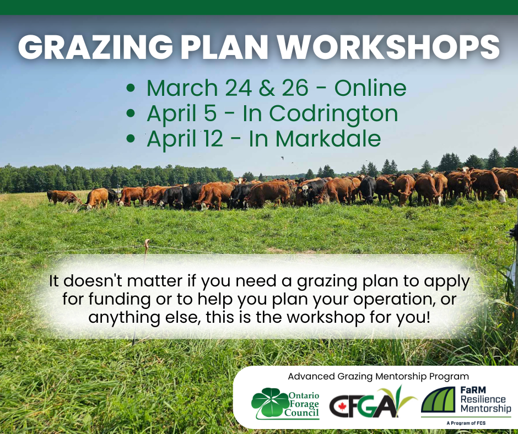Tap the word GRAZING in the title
(x=95, y=47)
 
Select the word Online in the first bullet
(x=370, y=88)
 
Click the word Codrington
(x=333, y=113)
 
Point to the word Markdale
(x=328, y=138)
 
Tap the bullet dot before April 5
(x=131, y=113)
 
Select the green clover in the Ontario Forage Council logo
(x=270, y=402)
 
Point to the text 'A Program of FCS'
(x=466, y=423)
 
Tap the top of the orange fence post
(x=147, y=241)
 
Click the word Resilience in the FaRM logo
(x=483, y=399)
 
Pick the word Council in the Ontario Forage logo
(x=301, y=413)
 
